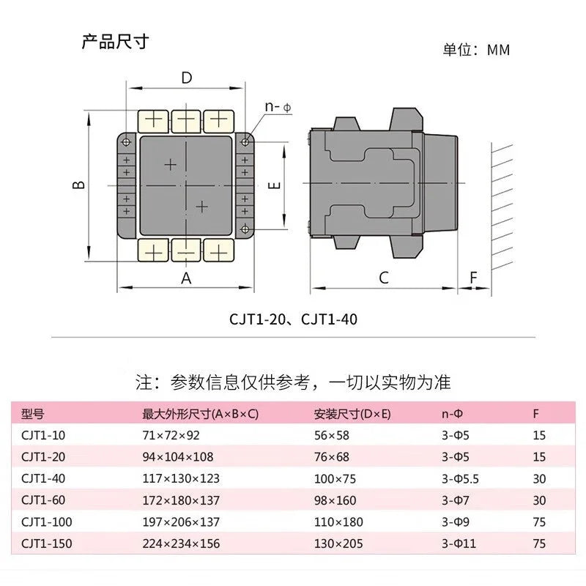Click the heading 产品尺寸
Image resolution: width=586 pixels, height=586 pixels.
pos(115,42)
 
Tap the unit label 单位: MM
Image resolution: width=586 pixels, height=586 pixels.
pos(477,50)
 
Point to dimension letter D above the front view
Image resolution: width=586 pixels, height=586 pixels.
pos(187,78)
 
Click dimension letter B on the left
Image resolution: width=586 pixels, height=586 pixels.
pos(79,185)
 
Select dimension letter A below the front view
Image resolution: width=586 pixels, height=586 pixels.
pos(186,278)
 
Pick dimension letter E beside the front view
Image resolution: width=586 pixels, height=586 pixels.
pos(274,185)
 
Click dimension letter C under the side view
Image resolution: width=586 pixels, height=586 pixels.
pos(384,278)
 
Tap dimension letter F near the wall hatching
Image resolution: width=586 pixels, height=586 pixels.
pos(473,278)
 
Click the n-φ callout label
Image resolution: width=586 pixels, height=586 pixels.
pos(278,107)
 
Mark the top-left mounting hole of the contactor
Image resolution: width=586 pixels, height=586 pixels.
pos(126,142)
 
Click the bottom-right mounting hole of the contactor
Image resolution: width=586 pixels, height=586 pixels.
pos(245,229)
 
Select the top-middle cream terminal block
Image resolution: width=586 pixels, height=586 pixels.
pos(186,121)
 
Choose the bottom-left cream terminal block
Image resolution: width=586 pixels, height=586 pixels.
pos(153,251)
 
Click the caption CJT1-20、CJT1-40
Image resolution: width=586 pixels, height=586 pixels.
pos(294,319)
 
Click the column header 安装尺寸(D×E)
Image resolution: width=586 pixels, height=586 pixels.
pos(352,414)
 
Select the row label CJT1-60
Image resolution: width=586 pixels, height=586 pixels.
pos(43,500)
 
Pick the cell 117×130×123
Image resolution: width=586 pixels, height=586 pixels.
pos(181,478)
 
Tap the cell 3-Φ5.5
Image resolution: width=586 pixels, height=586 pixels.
pos(460,479)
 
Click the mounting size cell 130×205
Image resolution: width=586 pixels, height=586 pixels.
pos(338,544)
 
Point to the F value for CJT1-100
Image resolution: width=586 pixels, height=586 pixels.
pos(539,522)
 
